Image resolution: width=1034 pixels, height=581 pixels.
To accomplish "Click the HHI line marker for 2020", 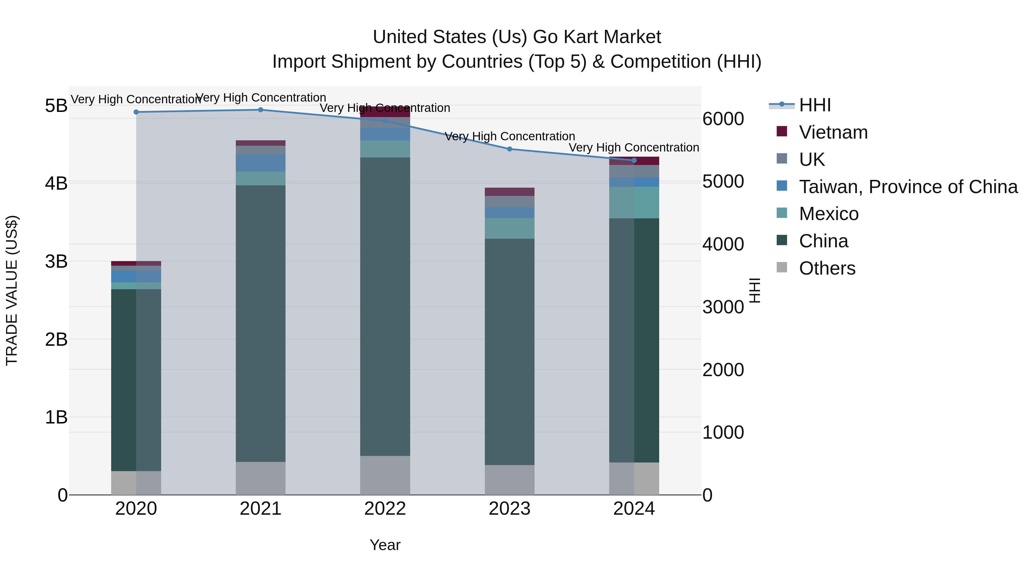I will [136, 112].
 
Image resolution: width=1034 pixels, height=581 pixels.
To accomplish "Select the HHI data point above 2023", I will [509, 149].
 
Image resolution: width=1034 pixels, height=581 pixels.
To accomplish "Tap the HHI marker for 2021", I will [261, 110].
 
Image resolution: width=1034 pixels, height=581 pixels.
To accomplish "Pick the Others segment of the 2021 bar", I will [261, 478].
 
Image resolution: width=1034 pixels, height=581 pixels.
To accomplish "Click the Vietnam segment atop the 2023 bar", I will [509, 192].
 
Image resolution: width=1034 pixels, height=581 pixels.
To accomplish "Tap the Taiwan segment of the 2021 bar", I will [261, 163].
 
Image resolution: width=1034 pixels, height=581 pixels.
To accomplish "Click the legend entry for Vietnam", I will [833, 132].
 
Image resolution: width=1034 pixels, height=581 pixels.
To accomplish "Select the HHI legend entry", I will [815, 105].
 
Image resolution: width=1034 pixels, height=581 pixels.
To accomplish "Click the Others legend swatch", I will [782, 267].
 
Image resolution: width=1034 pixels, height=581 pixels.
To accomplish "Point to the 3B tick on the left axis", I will [56, 261].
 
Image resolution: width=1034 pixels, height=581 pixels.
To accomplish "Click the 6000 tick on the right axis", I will [723, 119].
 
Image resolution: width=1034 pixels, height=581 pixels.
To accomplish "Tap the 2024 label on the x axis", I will [634, 509].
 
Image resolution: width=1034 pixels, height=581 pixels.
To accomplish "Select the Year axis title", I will [385, 545].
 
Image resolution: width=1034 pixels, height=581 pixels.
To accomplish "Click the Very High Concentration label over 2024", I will [634, 147].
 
